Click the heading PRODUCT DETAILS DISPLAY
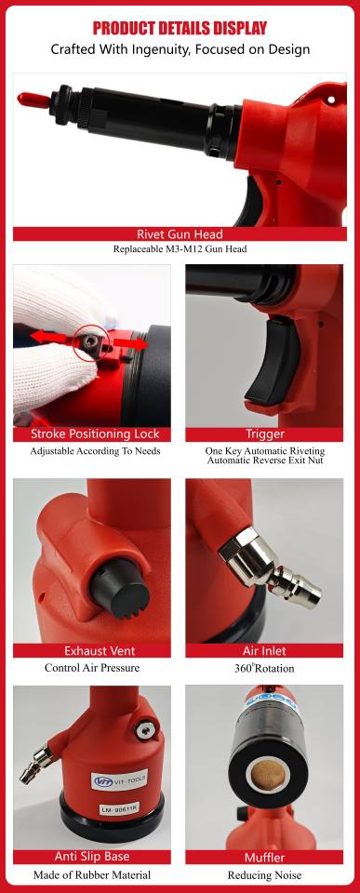coord(180,27)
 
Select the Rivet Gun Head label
coord(180,234)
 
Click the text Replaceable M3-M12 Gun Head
coord(180,249)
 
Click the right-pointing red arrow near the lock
coord(131,343)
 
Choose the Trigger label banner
coord(264,434)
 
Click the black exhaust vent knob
coord(119,588)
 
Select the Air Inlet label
coord(264,650)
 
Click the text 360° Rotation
coord(264,668)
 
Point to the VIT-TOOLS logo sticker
coord(120,780)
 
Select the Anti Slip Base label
coord(92,857)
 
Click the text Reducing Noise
coord(264,875)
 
